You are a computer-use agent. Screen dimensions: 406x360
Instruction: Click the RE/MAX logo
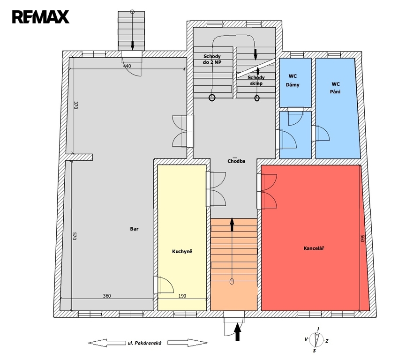(x=41, y=17)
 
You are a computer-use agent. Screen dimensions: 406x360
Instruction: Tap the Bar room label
(x=134, y=229)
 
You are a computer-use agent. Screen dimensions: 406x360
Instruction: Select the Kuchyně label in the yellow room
(x=182, y=251)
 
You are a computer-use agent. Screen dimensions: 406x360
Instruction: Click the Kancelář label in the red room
(x=314, y=248)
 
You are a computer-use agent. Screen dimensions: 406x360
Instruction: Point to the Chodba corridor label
(x=236, y=161)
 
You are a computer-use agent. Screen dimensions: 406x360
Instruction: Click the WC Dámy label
(x=293, y=81)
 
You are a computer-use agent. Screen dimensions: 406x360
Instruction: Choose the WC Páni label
(x=335, y=88)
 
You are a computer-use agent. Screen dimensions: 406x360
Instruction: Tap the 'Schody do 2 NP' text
(x=212, y=59)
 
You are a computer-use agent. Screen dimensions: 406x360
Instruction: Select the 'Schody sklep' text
(x=256, y=80)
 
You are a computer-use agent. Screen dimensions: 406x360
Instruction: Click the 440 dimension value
(x=127, y=66)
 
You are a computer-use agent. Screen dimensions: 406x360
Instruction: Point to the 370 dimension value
(x=75, y=105)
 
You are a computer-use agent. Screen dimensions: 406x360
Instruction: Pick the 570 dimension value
(x=75, y=236)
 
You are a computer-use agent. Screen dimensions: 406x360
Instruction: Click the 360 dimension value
(x=107, y=296)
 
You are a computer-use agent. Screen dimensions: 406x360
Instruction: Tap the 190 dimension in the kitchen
(x=182, y=296)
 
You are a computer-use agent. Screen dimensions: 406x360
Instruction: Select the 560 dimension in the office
(x=362, y=238)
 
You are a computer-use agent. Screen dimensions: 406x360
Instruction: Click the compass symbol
(x=316, y=340)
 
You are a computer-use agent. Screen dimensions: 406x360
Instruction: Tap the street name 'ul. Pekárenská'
(x=144, y=343)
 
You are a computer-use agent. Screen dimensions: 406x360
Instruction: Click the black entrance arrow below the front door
(x=237, y=332)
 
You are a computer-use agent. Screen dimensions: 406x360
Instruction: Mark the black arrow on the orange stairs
(x=232, y=225)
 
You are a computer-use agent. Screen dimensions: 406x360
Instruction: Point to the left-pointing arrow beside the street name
(x=107, y=343)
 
